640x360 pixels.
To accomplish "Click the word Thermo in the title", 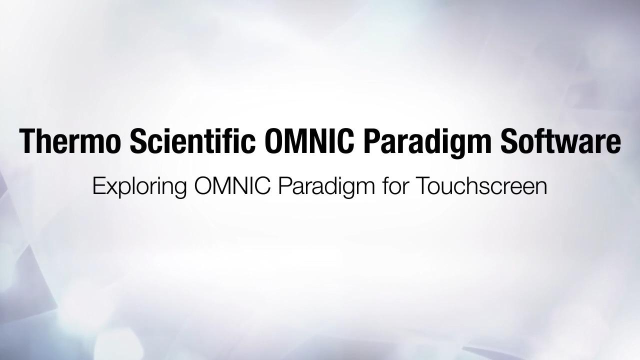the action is pyautogui.click(x=68, y=141).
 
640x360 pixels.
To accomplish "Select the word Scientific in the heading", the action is pyautogui.click(x=193, y=140).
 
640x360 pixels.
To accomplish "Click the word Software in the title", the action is pyautogui.click(x=560, y=140).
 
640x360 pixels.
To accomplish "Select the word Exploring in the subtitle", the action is pyautogui.click(x=139, y=187).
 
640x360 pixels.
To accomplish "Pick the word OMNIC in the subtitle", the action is pyautogui.click(x=232, y=185).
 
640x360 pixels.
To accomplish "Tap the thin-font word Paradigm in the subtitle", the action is pyautogui.click(x=326, y=187).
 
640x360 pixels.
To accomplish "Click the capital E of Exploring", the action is pyautogui.click(x=99, y=185).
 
